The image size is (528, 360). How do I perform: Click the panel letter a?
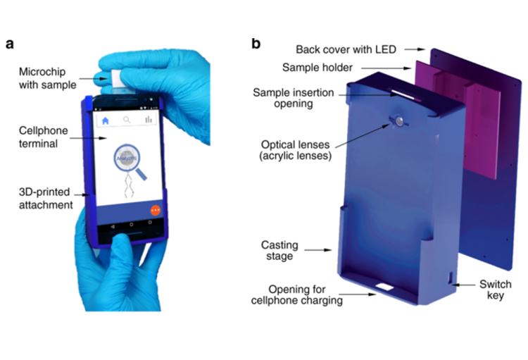tap(10, 44)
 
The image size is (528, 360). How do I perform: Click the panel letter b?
tap(256, 44)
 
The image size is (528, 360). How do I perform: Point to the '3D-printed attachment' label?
tap(45, 199)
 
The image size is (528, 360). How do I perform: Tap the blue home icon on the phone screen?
tap(105, 120)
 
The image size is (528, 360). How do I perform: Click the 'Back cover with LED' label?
tap(346, 49)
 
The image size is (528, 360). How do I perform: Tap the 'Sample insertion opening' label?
tap(293, 99)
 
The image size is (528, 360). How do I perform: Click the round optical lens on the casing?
tap(398, 122)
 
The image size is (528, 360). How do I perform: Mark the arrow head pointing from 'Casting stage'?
tap(331, 249)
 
